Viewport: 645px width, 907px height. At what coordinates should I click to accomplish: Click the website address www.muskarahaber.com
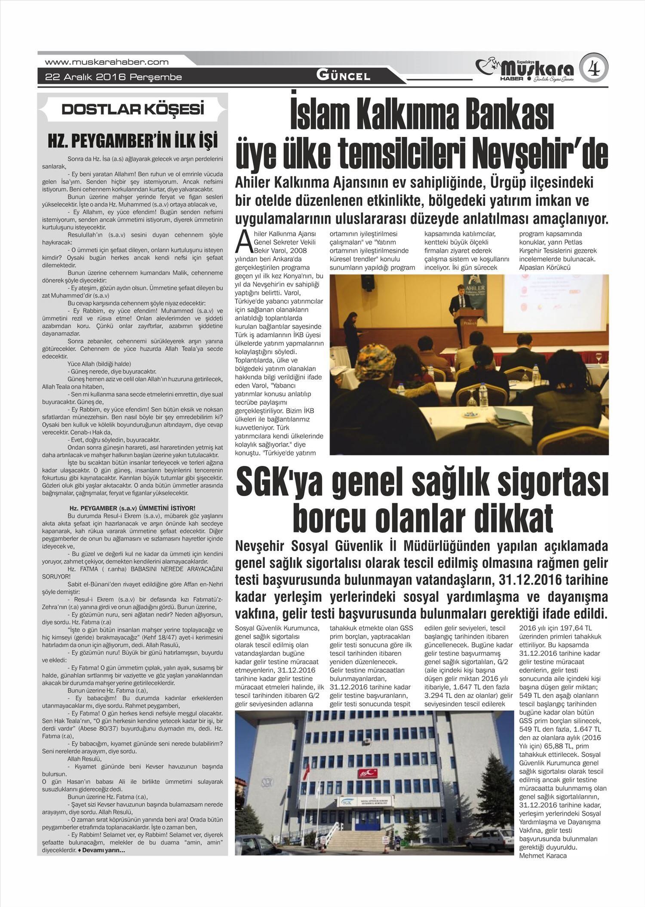click(107, 62)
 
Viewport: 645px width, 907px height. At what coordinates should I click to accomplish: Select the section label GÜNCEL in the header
click(343, 76)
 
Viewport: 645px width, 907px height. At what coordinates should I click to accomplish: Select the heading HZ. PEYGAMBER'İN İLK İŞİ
click(132, 141)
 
